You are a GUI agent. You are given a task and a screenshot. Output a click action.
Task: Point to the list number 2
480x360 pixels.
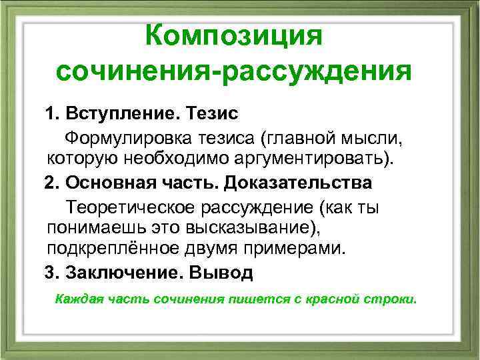(x=49, y=182)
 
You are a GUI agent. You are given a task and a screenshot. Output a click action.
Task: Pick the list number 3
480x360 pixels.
(x=49, y=272)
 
